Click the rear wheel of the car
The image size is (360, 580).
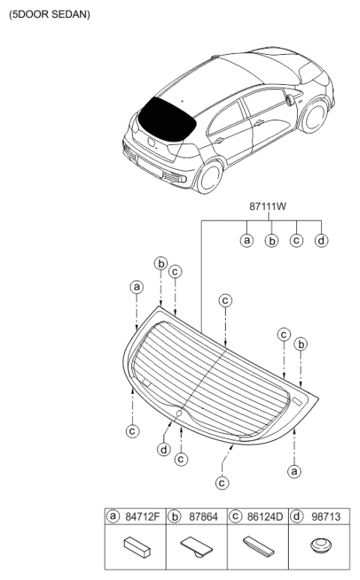click(208, 177)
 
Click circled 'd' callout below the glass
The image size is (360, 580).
click(163, 449)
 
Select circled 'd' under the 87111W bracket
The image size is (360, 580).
click(321, 240)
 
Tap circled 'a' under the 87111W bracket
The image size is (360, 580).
click(247, 240)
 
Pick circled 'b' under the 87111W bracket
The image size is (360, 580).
click(271, 240)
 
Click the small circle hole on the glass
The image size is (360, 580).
click(178, 413)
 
